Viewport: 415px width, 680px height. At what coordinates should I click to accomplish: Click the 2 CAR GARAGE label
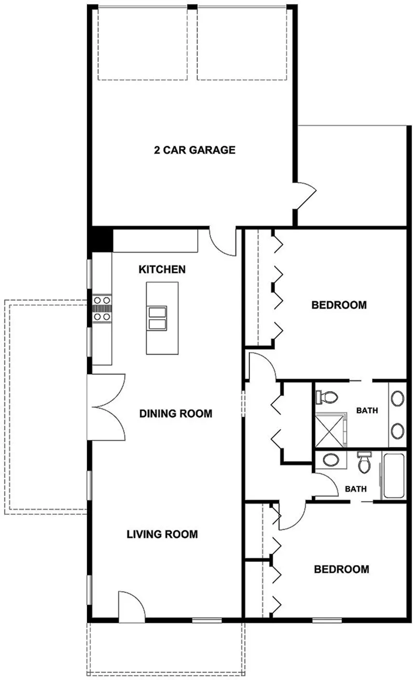194,150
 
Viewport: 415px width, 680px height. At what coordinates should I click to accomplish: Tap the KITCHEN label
162,269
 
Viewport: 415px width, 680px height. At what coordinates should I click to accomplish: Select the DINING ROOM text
176,414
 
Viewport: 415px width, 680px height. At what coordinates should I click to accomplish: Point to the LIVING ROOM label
162,535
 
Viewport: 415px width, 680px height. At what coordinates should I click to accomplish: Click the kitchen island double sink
157,318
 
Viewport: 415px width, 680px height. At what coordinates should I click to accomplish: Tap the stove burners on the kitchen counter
102,308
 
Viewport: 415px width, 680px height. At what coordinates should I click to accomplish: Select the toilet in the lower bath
364,464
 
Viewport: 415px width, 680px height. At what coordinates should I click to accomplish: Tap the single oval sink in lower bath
331,460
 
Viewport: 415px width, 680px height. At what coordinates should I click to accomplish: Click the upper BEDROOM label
339,305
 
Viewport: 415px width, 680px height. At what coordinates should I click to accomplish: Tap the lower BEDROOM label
341,569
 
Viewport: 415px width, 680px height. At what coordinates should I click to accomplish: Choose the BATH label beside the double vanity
367,411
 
